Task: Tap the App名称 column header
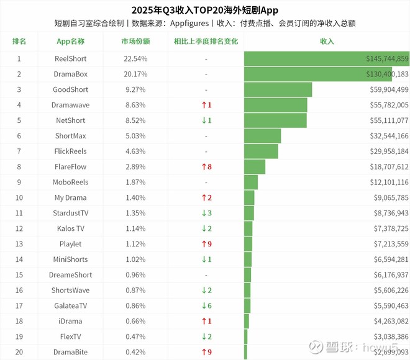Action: click(x=70, y=42)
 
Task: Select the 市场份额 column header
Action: click(x=135, y=42)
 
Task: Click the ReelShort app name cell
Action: click(x=70, y=59)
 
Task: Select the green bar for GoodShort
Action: click(x=278, y=89)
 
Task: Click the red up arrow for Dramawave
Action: click(x=203, y=106)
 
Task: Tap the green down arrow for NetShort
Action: click(x=203, y=120)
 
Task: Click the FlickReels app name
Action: click(x=70, y=151)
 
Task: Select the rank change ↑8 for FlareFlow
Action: click(x=206, y=167)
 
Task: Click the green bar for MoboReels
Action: click(x=251, y=182)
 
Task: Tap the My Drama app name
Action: click(x=70, y=198)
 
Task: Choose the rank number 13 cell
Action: click(x=19, y=244)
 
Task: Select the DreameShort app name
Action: click(x=70, y=275)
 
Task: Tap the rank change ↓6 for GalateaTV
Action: click(x=206, y=306)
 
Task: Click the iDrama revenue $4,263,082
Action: click(x=388, y=322)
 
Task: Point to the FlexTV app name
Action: click(x=70, y=337)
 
